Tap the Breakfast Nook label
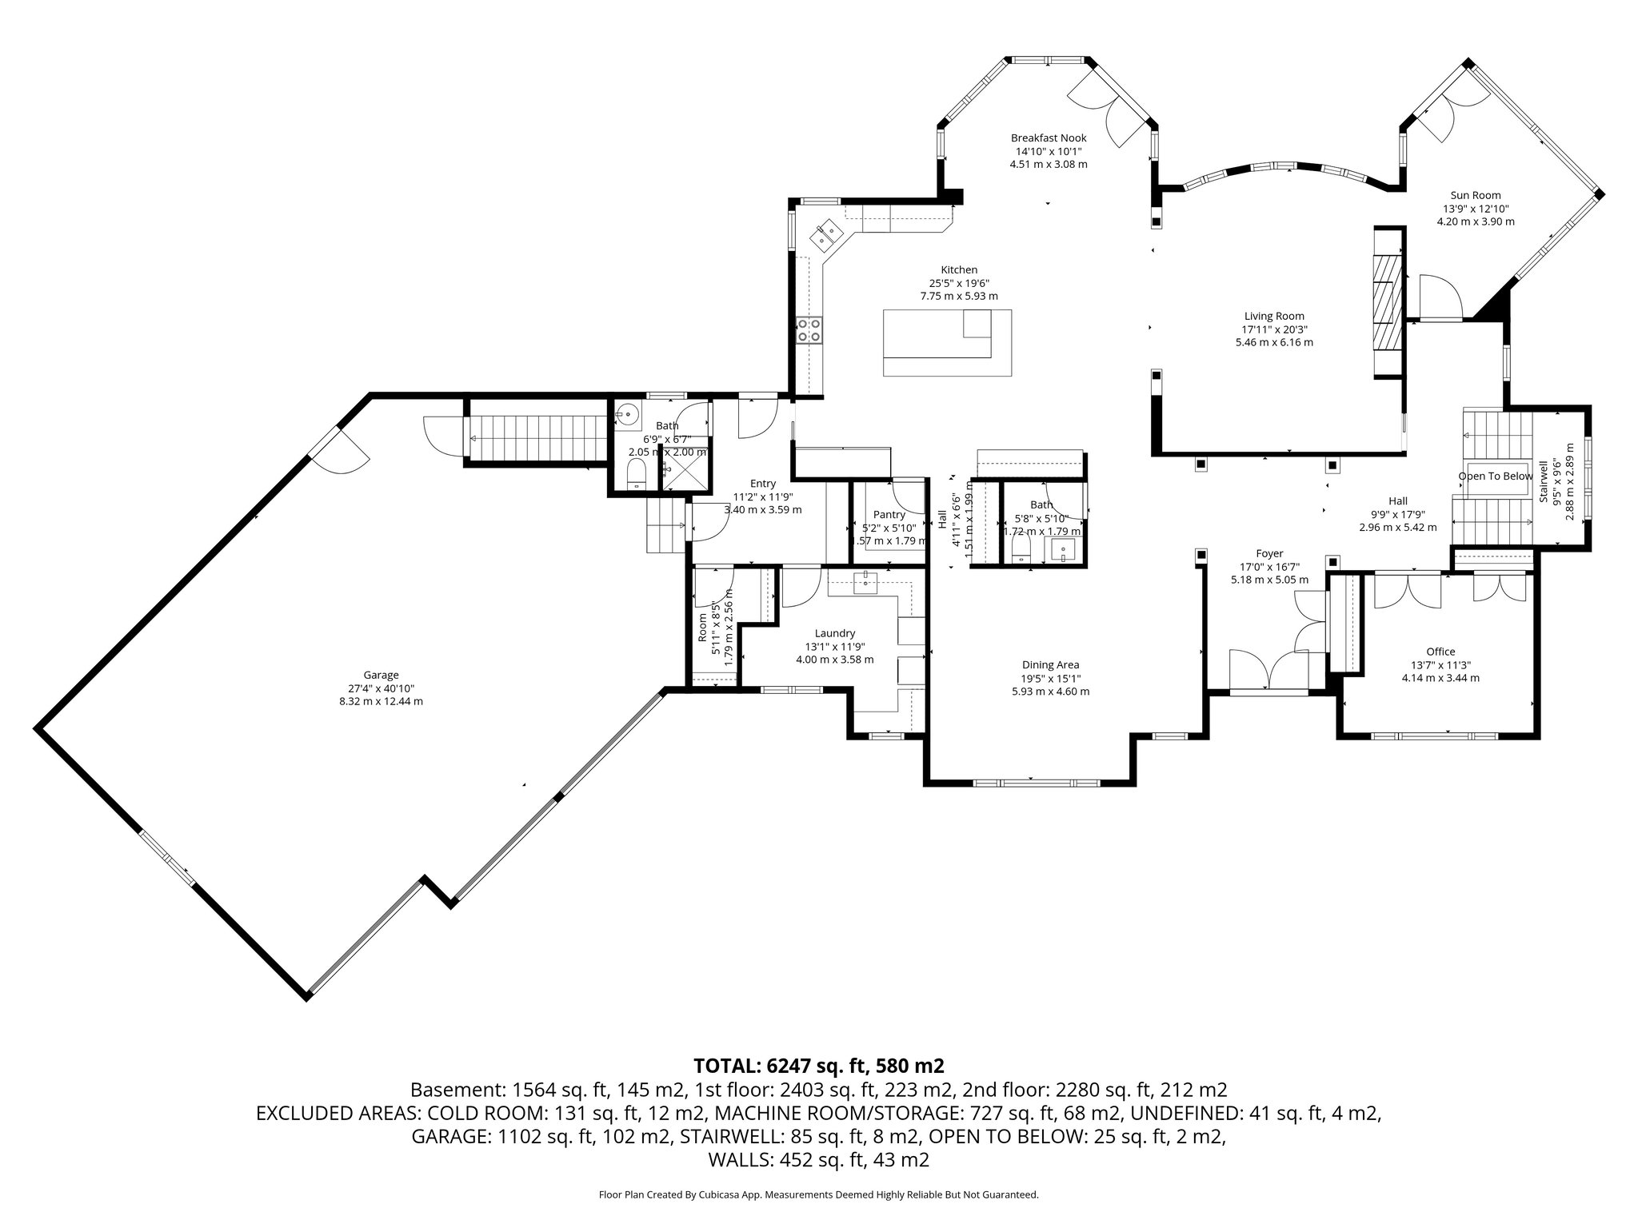(x=1048, y=138)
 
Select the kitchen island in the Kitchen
(x=947, y=343)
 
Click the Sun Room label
(x=1475, y=195)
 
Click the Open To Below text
(x=1495, y=476)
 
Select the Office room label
(x=1440, y=652)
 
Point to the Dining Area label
(x=1049, y=664)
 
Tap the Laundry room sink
(x=865, y=582)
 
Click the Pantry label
(x=889, y=515)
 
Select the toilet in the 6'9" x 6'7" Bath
(x=637, y=473)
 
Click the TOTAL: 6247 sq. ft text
(x=819, y=1066)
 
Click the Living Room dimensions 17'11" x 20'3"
(x=1273, y=329)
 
